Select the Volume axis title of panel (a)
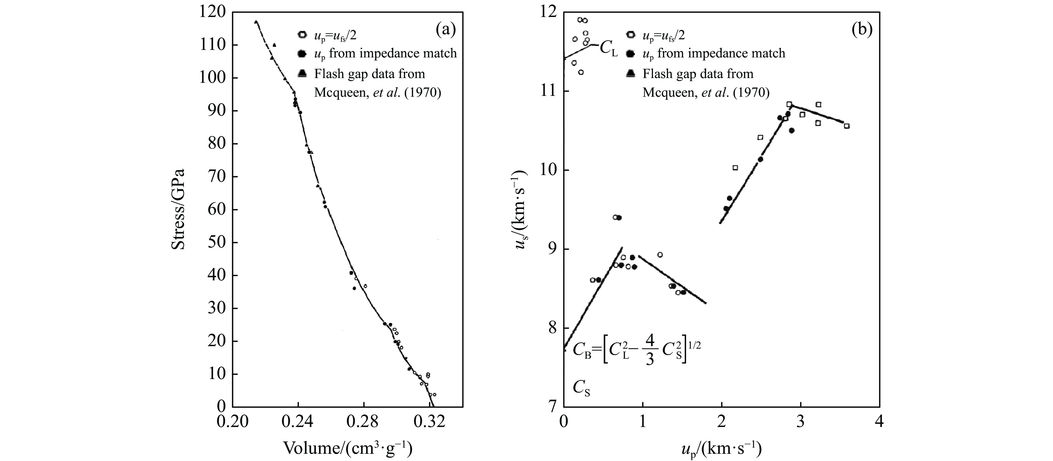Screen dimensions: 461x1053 coord(347,448)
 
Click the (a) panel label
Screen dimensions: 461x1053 coord(445,30)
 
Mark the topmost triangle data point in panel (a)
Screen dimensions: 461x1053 coord(256,22)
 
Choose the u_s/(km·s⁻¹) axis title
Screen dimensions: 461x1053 coord(520,209)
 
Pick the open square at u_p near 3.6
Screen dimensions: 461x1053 coord(847,126)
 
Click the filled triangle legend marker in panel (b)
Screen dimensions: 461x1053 coord(631,74)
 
